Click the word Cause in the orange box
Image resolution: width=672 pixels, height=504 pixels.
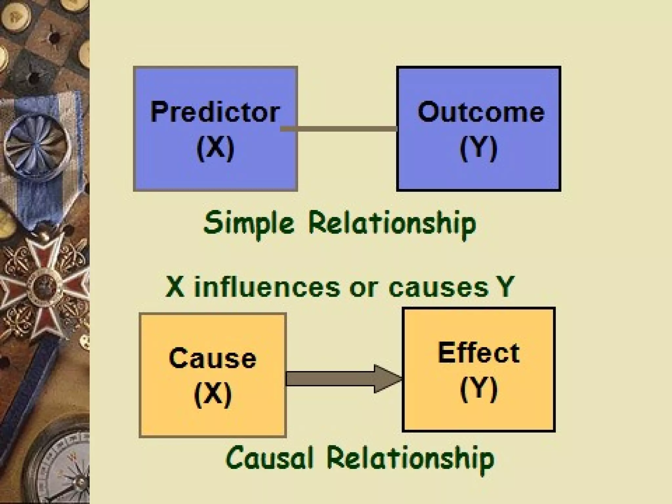(x=212, y=358)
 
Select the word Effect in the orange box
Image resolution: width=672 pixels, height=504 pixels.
(x=478, y=353)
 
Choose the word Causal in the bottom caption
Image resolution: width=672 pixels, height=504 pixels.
(x=269, y=458)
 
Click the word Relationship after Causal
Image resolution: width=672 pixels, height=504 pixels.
(x=410, y=458)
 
